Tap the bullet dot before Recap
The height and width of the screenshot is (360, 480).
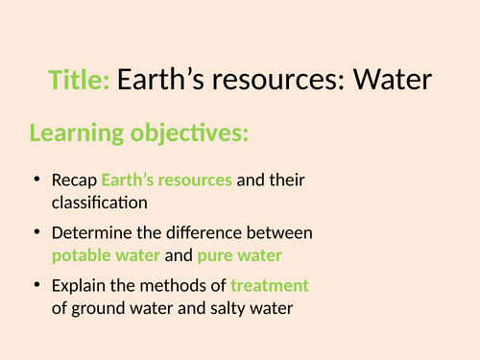[36, 180]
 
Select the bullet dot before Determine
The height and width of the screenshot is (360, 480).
[36, 233]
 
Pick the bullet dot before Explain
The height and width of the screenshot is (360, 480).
[36, 286]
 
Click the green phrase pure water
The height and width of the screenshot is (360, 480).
[237, 255]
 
